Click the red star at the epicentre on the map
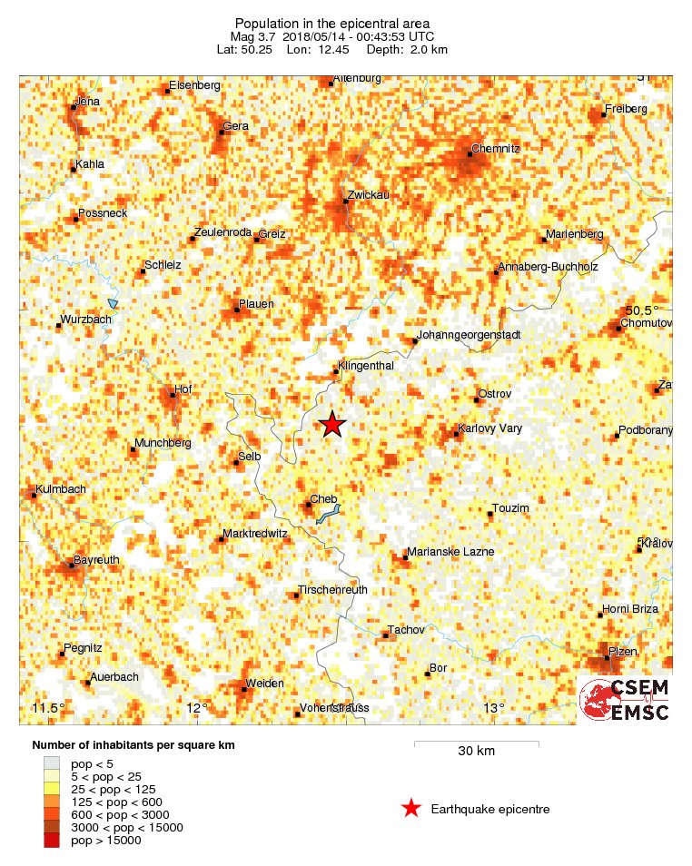point(333,424)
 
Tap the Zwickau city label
point(368,195)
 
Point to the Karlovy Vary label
point(490,428)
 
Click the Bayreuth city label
point(96,559)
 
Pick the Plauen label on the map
point(256,303)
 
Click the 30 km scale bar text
point(476,752)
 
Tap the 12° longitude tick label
point(197,708)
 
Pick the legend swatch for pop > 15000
point(52,841)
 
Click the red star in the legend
point(411,809)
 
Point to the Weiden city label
point(265,683)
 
